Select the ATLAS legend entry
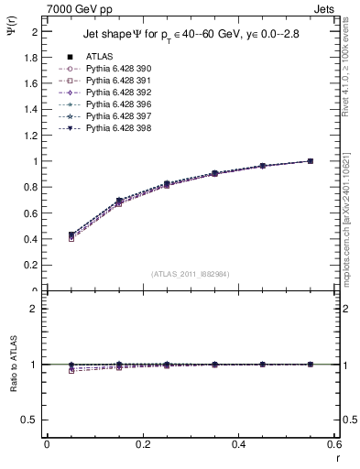click(100, 56)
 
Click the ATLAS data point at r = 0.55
click(311, 161)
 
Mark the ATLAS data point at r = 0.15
click(119, 201)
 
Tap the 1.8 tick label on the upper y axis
click(30, 57)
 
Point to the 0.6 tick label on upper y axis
click(30, 213)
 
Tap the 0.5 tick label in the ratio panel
click(30, 420)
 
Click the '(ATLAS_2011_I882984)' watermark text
click(191, 273)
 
